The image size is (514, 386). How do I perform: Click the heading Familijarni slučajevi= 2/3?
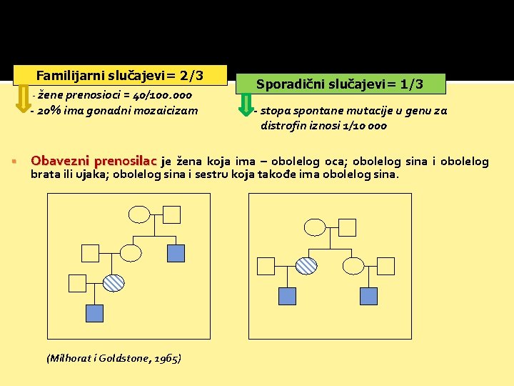120,75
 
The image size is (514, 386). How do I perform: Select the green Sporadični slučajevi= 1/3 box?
340,84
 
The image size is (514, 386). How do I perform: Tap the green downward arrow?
246,105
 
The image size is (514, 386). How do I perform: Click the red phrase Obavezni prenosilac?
95,161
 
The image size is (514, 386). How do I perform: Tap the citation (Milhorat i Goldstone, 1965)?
114,357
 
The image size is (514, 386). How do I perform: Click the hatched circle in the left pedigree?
114,282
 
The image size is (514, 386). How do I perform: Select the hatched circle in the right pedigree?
306,266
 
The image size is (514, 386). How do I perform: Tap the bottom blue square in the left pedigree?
94,312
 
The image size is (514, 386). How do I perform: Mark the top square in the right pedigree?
348,227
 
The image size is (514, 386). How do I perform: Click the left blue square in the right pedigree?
287,295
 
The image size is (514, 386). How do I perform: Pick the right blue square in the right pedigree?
368,295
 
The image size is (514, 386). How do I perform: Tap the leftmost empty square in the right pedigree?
266,266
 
